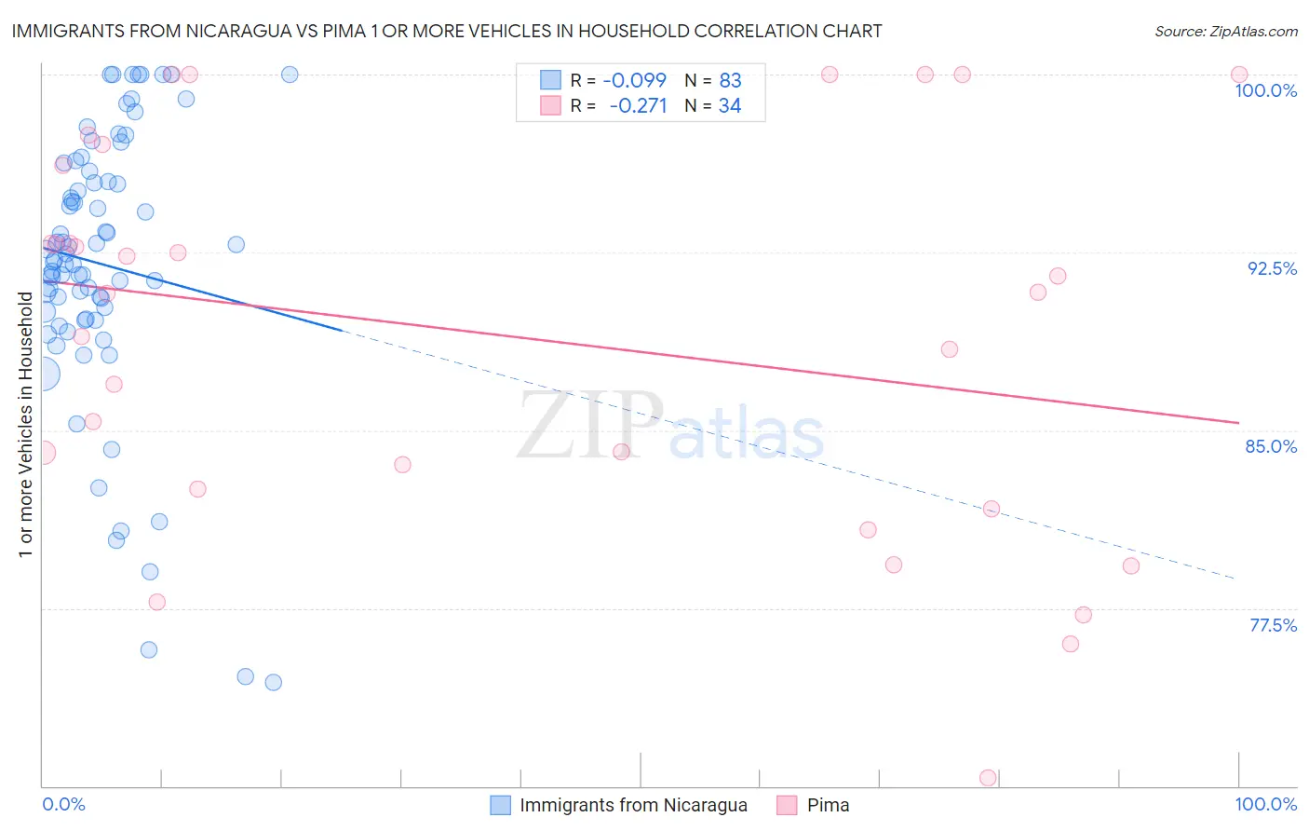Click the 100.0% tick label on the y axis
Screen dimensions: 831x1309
1265,90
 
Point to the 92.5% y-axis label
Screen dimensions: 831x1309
1272,268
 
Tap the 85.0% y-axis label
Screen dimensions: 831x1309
1271,446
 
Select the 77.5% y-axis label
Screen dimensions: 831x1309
1273,625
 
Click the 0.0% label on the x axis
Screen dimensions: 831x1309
63,804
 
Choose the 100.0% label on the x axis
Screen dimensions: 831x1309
1265,804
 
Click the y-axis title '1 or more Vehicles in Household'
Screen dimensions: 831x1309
25,425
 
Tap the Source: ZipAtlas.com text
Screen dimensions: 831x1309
1225,31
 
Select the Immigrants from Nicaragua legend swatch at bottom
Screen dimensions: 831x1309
501,805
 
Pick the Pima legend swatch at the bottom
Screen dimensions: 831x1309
788,805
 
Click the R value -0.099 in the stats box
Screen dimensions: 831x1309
634,80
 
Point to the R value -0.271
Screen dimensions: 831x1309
638,105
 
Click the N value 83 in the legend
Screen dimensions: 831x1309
730,80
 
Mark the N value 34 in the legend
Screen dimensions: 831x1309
730,105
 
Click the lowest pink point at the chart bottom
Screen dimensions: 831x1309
988,778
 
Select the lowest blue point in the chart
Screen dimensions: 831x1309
273,682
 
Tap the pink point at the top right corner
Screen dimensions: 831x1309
1239,75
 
